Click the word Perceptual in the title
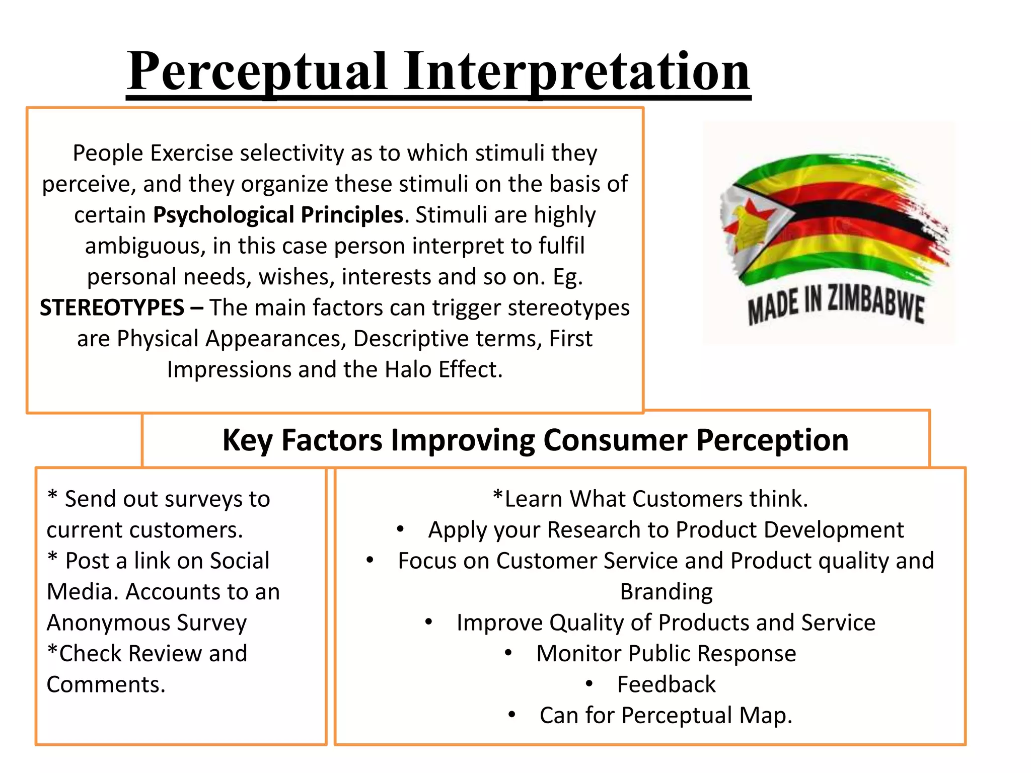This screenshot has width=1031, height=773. pyautogui.click(x=257, y=71)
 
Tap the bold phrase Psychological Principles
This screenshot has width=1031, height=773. pyautogui.click(x=278, y=215)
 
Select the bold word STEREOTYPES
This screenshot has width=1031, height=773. pyautogui.click(x=112, y=307)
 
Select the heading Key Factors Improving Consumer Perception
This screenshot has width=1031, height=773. pyautogui.click(x=536, y=440)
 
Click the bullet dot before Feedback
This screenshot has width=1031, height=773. pyautogui.click(x=590, y=683)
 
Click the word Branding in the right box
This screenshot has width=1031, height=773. pyautogui.click(x=666, y=592)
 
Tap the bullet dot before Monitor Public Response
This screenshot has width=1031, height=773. pyautogui.click(x=508, y=653)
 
